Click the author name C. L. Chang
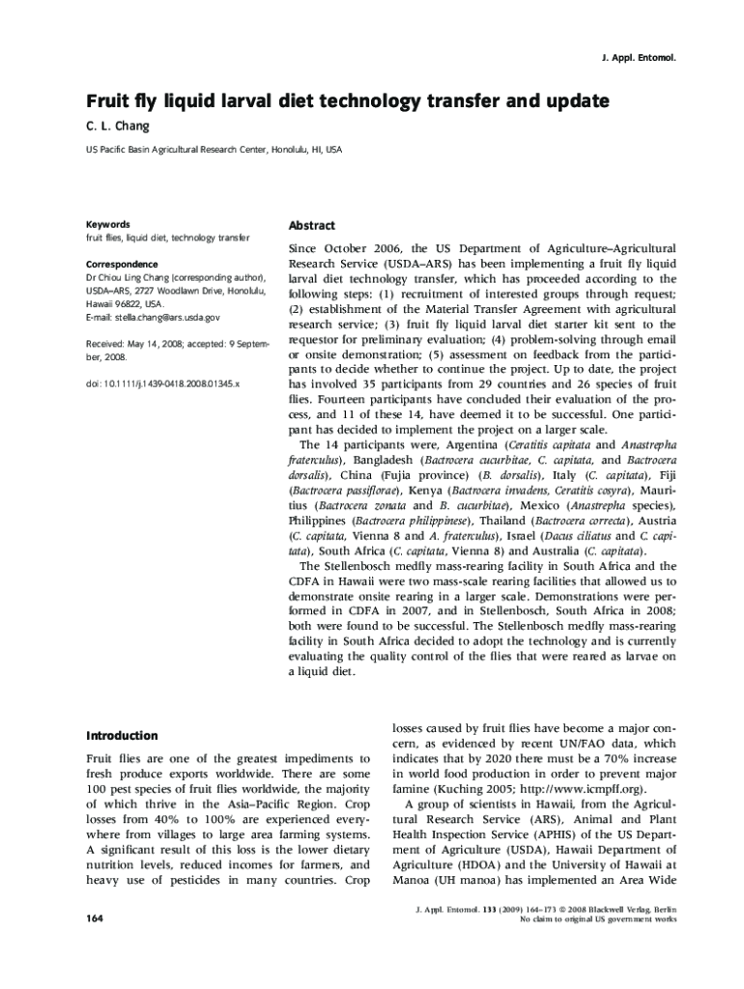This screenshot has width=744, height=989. pyautogui.click(x=118, y=127)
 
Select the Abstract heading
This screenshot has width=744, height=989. pyautogui.click(x=311, y=225)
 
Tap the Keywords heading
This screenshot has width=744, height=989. pyautogui.click(x=107, y=224)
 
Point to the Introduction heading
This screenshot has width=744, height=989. pyautogui.click(x=122, y=735)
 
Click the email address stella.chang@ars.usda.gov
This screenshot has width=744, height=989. pyautogui.click(x=167, y=317)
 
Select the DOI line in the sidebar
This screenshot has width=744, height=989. pyautogui.click(x=162, y=383)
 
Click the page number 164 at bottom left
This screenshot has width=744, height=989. pyautogui.click(x=95, y=918)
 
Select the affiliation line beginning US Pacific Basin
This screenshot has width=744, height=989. pyautogui.click(x=214, y=151)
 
